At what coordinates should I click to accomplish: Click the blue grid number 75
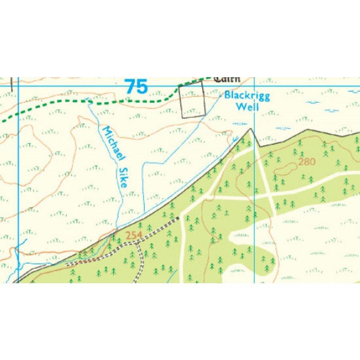[x=136, y=86]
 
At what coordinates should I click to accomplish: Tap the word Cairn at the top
[x=227, y=79]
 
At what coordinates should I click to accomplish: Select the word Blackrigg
[x=247, y=96]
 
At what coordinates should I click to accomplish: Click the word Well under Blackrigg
[x=247, y=107]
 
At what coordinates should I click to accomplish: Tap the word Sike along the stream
[x=123, y=178]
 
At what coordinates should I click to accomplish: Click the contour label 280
[x=307, y=162]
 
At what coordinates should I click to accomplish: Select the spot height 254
[x=134, y=236]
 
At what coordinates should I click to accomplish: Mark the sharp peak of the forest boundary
[x=251, y=129]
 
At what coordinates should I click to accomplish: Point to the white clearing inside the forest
[x=248, y=240]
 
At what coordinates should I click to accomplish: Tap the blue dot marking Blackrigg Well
[x=221, y=96]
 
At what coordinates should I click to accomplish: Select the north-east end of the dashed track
[x=178, y=218]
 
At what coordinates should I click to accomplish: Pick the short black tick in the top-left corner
[x=12, y=84]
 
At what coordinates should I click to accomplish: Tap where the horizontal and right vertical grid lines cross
[x=255, y=86]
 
